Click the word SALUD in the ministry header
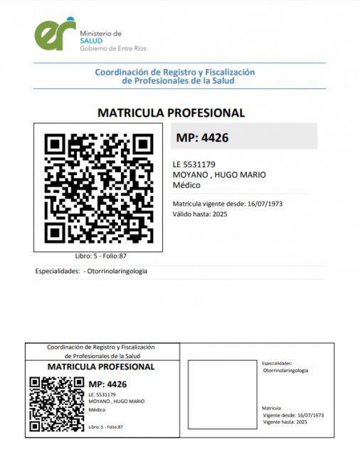click(92, 41)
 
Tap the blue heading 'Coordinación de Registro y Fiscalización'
click(174, 72)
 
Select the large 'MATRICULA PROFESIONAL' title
click(171, 112)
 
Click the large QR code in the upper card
click(98, 187)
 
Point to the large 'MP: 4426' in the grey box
click(202, 137)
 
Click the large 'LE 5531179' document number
click(194, 164)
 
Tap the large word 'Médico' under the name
click(187, 185)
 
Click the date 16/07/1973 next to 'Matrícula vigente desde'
click(265, 204)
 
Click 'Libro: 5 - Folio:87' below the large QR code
click(100, 256)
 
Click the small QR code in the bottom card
click(56, 404)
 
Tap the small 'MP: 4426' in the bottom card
click(107, 384)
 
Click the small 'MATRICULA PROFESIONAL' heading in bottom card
click(100, 367)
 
